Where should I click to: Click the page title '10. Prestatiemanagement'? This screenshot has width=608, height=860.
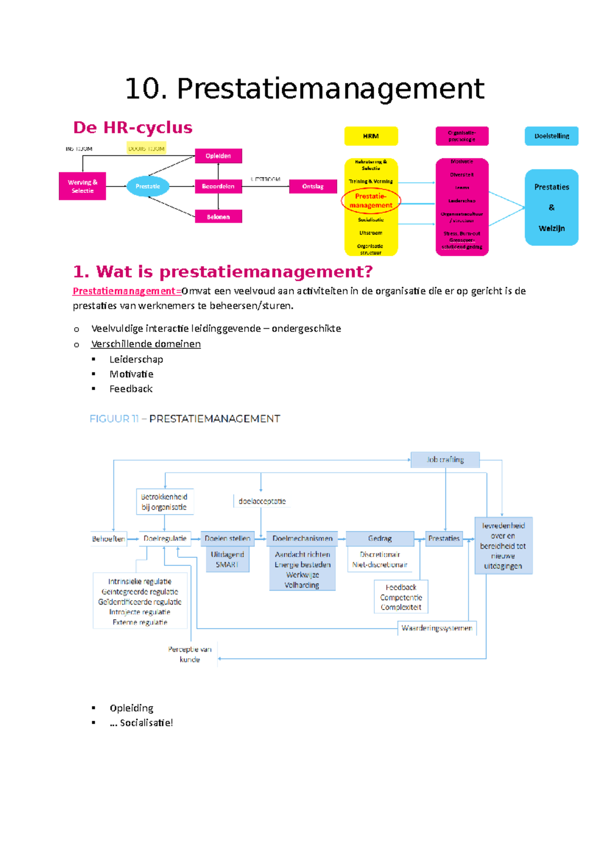(x=304, y=89)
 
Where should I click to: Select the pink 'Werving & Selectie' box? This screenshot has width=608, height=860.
(x=82, y=186)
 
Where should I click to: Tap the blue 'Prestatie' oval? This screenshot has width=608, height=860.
(x=147, y=186)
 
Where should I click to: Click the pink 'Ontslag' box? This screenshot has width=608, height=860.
(x=313, y=186)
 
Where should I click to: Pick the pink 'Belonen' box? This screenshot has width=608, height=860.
(x=218, y=217)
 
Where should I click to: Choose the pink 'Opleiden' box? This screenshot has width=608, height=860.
(x=218, y=156)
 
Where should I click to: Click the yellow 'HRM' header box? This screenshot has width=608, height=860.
(x=371, y=136)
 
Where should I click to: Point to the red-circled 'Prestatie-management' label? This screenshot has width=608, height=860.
(x=371, y=201)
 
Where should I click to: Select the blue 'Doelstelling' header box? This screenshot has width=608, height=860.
(x=551, y=136)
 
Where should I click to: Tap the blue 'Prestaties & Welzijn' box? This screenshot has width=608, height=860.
(x=551, y=208)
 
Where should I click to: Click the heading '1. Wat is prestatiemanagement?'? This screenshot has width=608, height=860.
(x=222, y=272)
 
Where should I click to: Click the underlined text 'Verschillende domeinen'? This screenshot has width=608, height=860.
(x=146, y=344)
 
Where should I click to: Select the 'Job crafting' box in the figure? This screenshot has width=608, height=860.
(x=445, y=460)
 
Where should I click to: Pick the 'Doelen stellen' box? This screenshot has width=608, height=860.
(x=227, y=538)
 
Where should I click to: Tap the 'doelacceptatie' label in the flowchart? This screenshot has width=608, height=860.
(x=262, y=501)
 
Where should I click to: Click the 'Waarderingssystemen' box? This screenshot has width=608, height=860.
(x=437, y=628)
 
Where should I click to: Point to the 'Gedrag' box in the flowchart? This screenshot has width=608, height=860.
(x=379, y=538)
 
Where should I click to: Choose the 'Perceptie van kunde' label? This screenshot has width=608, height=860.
(x=190, y=654)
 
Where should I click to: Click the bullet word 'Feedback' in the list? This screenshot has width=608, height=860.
(x=131, y=389)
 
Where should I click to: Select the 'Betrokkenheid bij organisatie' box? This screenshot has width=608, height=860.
(x=164, y=502)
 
